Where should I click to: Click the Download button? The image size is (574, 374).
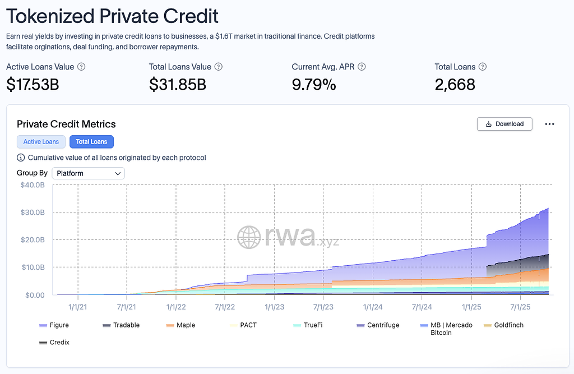504,124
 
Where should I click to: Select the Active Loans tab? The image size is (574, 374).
41,142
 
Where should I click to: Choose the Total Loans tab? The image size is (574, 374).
91,142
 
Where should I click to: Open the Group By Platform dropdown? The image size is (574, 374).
88,173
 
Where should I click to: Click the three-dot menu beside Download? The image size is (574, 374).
549,124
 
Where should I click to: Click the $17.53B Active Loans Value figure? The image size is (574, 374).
33,85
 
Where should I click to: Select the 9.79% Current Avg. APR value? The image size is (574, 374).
314,85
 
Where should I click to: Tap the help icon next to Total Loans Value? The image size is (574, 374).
219,67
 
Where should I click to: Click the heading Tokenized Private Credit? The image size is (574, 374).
112,16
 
